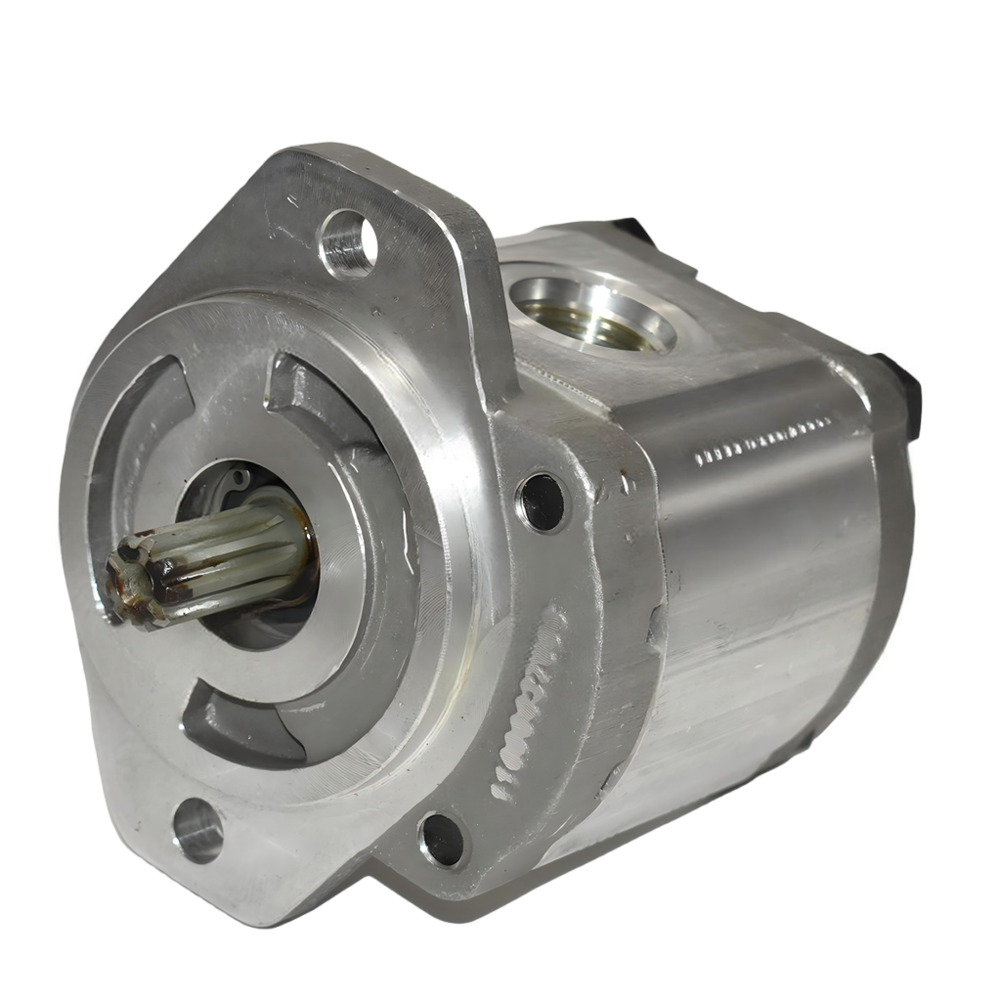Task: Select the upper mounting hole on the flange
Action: (x=349, y=242)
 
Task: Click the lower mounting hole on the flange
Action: (x=199, y=829)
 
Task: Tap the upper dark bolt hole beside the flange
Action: (x=542, y=501)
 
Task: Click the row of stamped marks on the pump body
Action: (x=762, y=441)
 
